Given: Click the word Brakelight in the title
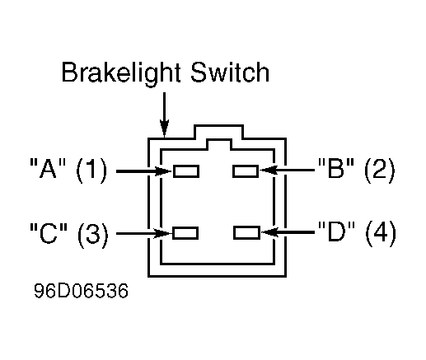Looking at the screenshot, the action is coord(121,72).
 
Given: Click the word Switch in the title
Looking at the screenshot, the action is coord(230,72).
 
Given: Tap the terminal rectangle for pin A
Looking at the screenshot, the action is coord(186,171).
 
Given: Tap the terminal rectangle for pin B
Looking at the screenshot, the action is coord(246,171).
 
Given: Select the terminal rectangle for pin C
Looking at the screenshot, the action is coord(185,233).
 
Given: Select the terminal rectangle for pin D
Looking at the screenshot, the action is coord(246,232).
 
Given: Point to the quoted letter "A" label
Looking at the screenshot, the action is coord(48,168).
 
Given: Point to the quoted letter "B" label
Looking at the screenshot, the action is coord(335,167).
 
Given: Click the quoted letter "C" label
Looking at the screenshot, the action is coord(49,233).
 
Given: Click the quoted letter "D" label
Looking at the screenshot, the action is coord(336,231).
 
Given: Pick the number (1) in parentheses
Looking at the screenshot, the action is coord(91,171).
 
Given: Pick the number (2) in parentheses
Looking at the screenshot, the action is coord(379,171).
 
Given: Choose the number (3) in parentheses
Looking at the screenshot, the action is coord(93,235).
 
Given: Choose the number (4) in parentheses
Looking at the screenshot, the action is coord(381,234).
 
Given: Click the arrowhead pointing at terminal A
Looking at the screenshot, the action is coord(164,171).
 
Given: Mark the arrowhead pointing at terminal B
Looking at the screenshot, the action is coord(268,171).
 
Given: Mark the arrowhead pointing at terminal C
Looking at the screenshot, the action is coord(162,233).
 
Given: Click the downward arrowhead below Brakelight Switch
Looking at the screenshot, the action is coord(164,129).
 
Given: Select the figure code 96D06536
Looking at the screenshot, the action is coord(81,291).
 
